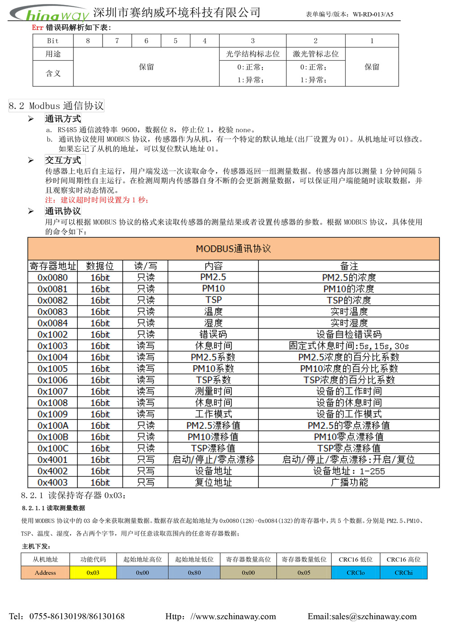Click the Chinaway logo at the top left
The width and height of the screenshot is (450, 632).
(49, 14)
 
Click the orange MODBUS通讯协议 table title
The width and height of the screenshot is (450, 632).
(233, 249)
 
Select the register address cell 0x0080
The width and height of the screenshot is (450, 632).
(53, 278)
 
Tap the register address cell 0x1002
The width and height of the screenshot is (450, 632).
(53, 335)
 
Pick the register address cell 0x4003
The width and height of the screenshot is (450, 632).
(53, 482)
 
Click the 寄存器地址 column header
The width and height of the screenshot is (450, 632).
(53, 266)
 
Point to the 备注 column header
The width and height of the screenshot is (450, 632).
(349, 266)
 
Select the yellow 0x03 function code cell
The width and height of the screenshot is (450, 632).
(93, 573)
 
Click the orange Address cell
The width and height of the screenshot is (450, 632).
(45, 573)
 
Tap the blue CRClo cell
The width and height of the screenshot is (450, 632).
(355, 573)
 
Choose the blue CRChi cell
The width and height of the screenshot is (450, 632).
(404, 573)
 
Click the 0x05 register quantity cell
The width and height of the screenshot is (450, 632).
(304, 573)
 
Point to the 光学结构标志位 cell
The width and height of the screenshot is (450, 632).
(252, 54)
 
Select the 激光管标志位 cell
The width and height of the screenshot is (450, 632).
(315, 54)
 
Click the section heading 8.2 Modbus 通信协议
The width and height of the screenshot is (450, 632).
(56, 106)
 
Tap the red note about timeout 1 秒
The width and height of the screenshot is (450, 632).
(97, 200)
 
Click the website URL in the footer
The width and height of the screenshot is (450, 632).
(220, 616)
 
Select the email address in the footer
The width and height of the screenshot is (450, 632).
(362, 616)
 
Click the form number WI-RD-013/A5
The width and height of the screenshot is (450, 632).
(373, 14)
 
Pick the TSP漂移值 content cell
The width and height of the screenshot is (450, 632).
(213, 448)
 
